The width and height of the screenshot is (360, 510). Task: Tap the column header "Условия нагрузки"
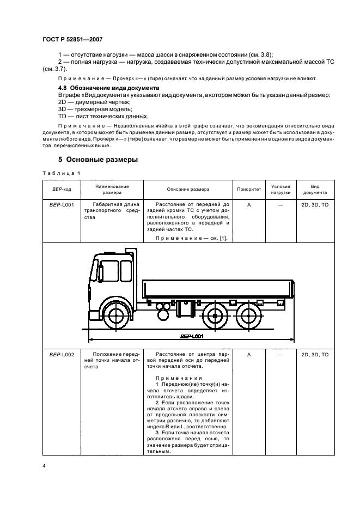tap(281, 189)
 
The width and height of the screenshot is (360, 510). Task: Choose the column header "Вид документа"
tap(315, 189)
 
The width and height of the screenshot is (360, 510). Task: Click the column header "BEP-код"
tap(58, 189)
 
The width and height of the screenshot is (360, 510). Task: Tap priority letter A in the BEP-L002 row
tap(248, 355)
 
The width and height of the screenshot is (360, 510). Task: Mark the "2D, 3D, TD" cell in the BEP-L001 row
tap(315, 204)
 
